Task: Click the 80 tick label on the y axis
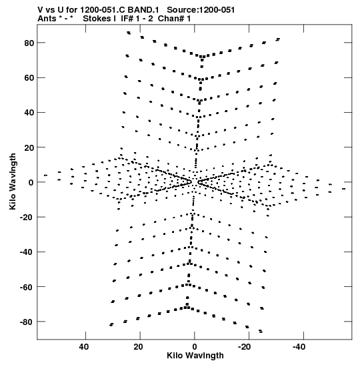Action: coord(29,43)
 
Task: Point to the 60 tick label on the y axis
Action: coord(29,78)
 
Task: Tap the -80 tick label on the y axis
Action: coord(27,322)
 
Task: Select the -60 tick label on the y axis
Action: coord(27,287)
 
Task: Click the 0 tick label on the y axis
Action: coord(31,183)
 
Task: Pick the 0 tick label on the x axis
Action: coord(195,347)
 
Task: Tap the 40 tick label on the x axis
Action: coord(84,347)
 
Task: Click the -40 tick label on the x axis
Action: coord(299,347)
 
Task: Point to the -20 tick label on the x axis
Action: coord(245,347)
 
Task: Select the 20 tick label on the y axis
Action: coord(29,147)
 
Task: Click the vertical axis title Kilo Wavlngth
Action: coord(13,181)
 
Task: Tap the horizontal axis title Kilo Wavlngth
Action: coord(195,356)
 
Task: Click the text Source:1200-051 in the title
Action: coord(201,10)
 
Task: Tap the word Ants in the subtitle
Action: coord(47,19)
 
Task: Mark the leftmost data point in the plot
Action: coord(45,175)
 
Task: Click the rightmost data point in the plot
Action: coord(343,189)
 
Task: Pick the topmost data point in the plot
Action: coord(129,33)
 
